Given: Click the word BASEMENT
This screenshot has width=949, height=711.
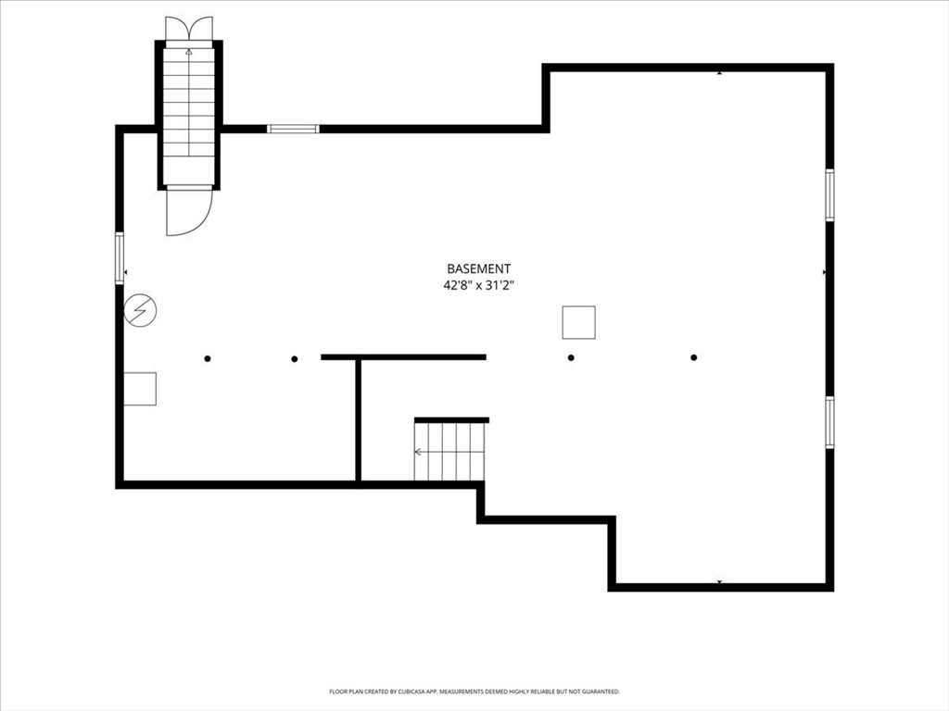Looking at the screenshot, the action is pos(479,268).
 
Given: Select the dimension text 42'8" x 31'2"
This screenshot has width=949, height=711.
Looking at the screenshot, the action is pos(479,286).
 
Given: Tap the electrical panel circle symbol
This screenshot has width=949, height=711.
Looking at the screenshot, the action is pos(141,310).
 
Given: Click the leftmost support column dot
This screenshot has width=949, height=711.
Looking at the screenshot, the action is pos(208,358).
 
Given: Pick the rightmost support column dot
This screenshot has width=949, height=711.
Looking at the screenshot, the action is pos(693,357).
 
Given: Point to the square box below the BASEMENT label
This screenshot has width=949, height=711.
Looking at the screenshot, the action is pos(578,322).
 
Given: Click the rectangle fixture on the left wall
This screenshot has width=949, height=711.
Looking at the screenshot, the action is pos(140,389).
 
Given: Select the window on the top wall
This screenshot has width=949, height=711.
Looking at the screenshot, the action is pos(293,128).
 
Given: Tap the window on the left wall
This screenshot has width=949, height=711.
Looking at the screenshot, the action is pos(120,258).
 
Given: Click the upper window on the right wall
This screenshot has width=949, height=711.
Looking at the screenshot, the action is pos(829,194).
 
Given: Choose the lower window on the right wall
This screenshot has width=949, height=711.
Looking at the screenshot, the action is pos(829,422).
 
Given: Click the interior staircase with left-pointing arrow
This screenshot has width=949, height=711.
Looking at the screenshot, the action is pos(449,452).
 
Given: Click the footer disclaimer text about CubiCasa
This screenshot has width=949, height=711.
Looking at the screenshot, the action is pos(474,691).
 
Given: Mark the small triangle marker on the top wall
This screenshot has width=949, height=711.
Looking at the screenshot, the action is pos(719,73).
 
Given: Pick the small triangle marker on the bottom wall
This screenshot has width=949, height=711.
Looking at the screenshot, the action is pos(719,582).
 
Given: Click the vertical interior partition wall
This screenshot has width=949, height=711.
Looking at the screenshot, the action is pos(359,420).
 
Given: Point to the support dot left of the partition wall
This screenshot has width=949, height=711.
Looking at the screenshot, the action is pos(294,359).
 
